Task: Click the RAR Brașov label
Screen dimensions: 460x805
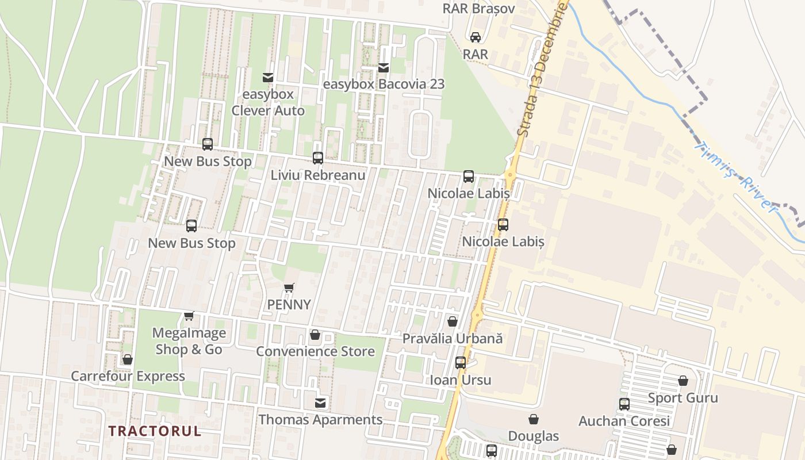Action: tap(478, 9)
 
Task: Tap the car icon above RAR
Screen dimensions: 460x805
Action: tap(476, 37)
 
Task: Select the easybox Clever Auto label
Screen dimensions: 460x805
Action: tap(268, 102)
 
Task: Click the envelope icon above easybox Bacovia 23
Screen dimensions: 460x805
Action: tap(384, 68)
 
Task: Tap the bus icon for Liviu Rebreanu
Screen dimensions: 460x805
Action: tap(318, 158)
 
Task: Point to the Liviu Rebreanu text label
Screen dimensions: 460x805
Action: tap(318, 175)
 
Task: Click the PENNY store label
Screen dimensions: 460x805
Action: tap(289, 305)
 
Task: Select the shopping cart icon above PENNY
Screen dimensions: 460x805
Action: tap(289, 287)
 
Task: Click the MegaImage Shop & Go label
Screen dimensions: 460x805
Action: tap(189, 341)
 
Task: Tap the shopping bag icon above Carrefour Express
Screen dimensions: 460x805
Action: tap(128, 359)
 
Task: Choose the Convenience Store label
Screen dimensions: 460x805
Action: tap(315, 351)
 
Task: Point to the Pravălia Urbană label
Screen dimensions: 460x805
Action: tap(453, 339)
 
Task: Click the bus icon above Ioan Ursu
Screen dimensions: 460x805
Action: tap(461, 363)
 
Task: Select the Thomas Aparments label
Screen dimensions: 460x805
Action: tap(320, 420)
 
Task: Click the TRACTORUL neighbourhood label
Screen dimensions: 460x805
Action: tap(155, 431)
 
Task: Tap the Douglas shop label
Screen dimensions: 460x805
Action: tap(534, 436)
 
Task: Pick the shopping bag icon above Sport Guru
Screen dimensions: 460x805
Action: tap(683, 381)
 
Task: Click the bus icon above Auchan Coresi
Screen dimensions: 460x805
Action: tap(624, 404)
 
